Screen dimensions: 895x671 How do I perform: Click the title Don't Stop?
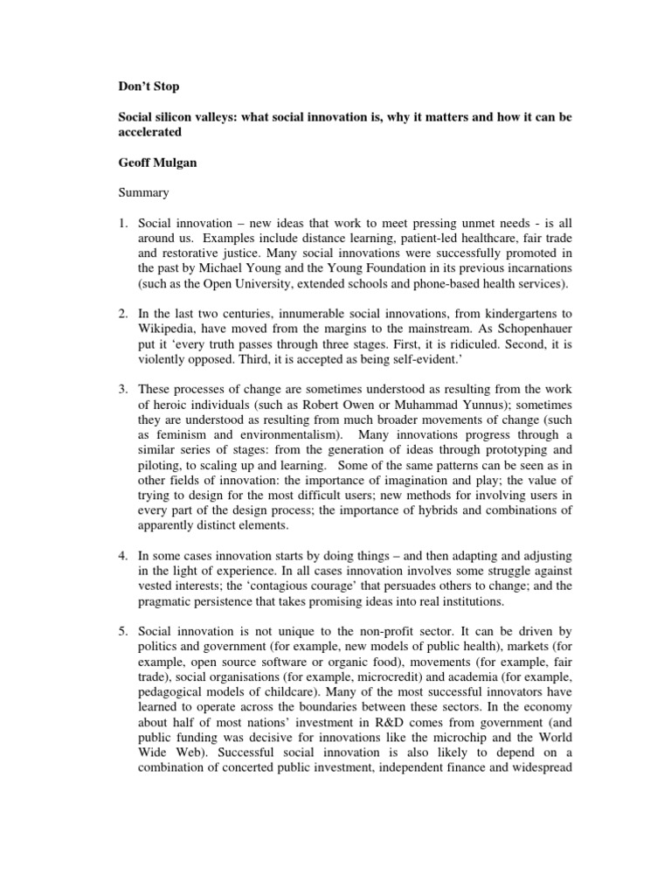coord(148,87)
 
